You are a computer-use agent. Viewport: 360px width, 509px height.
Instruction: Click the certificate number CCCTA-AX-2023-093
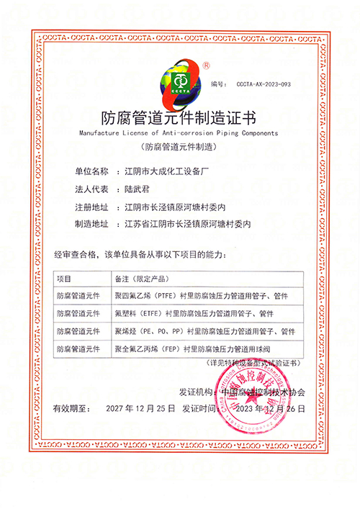(263, 84)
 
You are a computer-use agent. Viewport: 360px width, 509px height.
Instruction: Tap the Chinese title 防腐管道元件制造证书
(179, 116)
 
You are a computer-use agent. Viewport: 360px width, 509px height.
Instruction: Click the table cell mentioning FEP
(194, 349)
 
